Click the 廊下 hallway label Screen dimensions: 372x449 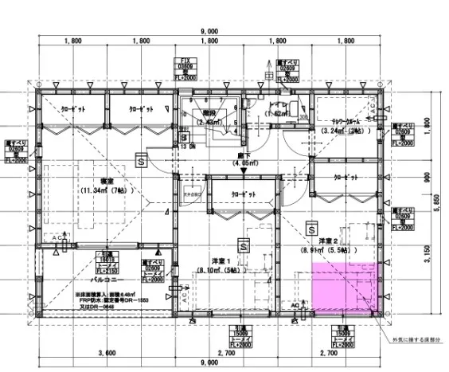click(x=242, y=158)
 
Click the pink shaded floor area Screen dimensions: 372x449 click(x=342, y=287)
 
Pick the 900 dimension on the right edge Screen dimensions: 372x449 click(x=427, y=177)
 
